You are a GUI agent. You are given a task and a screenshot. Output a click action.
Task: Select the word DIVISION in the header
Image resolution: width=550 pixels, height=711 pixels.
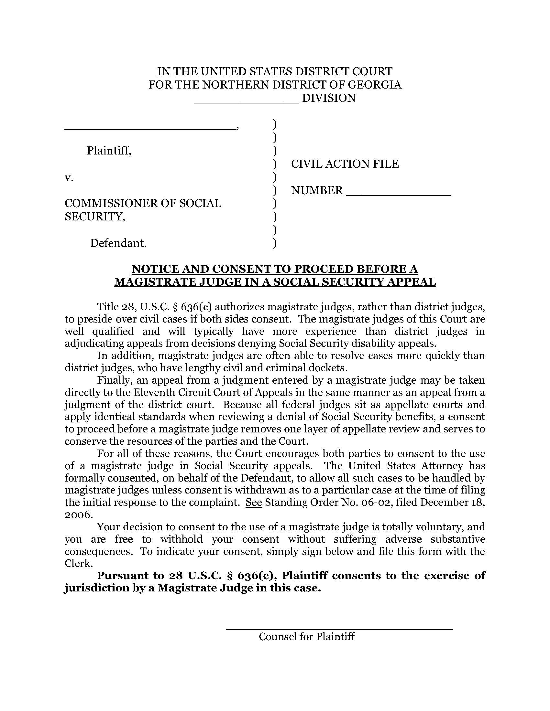point(329,98)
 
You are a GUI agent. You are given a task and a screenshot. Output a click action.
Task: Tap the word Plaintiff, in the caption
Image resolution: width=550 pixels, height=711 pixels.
point(109,150)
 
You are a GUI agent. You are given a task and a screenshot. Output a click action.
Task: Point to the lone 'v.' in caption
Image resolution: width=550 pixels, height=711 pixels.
point(69,177)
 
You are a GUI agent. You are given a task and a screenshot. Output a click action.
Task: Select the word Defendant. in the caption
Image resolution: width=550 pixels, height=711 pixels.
point(119,243)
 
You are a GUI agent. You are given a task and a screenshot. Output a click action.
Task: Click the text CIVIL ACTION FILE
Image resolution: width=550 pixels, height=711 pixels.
point(345,164)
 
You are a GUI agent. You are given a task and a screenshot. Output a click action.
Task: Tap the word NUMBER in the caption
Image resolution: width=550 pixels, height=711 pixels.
point(317,190)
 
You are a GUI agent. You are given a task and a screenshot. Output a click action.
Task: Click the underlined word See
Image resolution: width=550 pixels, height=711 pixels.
point(254,502)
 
